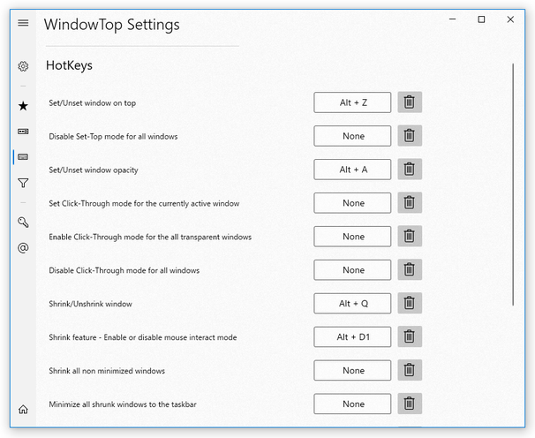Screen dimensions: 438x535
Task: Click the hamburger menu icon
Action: (23, 24)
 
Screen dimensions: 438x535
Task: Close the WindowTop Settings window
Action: (510, 19)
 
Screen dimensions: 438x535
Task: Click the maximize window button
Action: (481, 19)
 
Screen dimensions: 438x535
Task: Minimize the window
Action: (451, 19)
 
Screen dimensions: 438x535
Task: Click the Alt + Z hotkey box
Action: (352, 102)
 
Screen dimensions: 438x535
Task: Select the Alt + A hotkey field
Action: (352, 170)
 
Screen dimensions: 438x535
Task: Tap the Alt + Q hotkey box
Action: (352, 304)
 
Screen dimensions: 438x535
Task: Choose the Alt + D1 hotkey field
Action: (352, 337)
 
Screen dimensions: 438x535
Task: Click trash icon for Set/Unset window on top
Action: (410, 102)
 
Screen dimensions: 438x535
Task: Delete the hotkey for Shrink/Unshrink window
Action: (410, 304)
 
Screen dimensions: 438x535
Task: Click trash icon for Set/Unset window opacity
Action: (410, 170)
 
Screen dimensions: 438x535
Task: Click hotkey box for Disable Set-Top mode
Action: (352, 136)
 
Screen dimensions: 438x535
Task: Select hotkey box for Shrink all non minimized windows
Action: (352, 371)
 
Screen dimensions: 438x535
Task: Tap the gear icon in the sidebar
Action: (23, 66)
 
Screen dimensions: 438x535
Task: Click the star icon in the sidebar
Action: (23, 106)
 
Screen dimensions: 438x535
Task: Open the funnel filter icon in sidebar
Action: (23, 184)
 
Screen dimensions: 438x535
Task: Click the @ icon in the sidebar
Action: (23, 248)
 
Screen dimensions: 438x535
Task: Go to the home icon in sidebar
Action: (23, 409)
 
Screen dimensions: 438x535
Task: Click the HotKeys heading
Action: (69, 65)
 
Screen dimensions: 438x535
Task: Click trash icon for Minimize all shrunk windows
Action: (410, 404)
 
